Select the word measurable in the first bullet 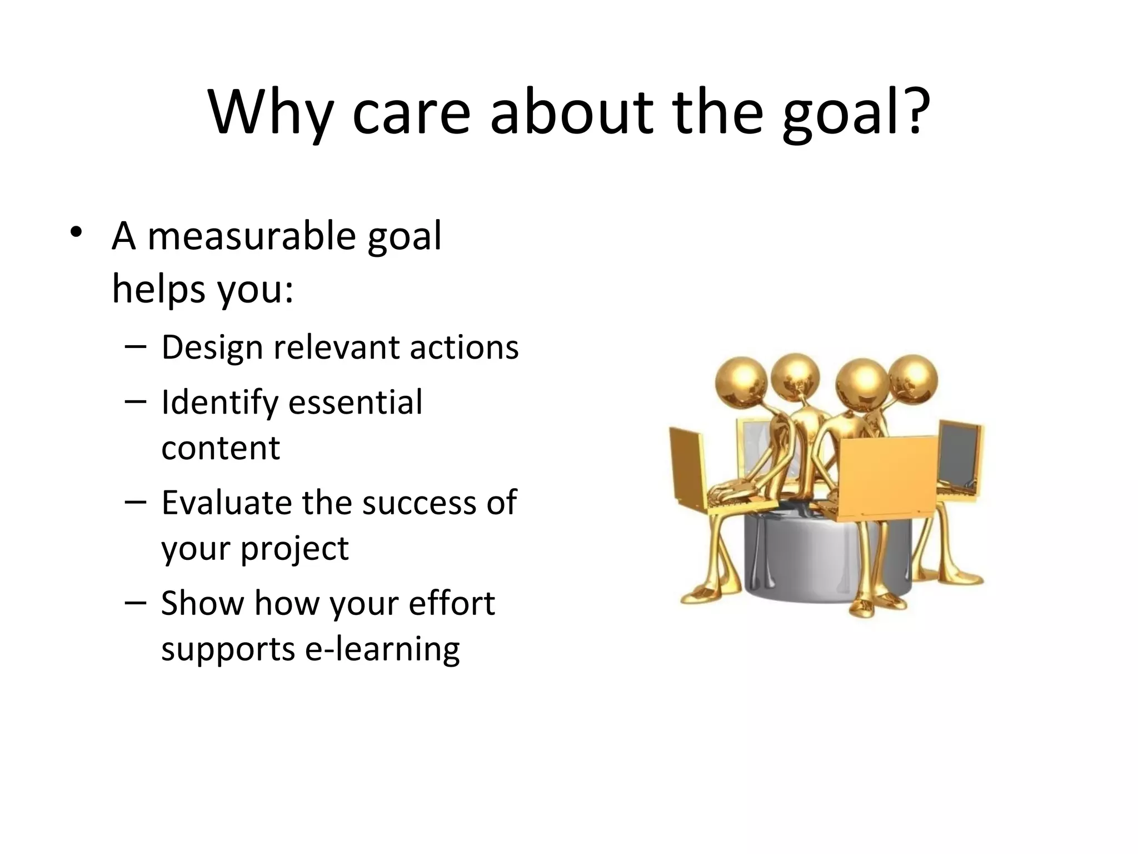[251, 236]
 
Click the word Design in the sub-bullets [212, 348]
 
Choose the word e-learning [383, 649]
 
